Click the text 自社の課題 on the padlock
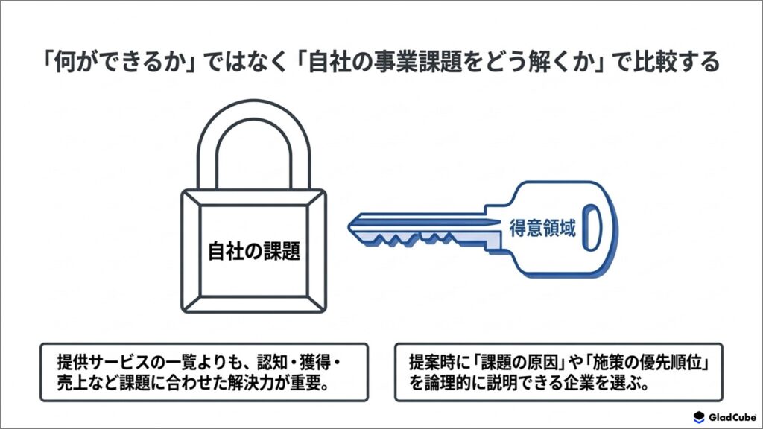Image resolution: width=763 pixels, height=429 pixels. pos(254,251)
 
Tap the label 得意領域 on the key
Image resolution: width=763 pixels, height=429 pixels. pos(542,228)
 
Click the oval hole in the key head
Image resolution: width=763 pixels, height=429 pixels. pos(591,228)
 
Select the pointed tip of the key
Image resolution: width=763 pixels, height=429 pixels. pos(350,226)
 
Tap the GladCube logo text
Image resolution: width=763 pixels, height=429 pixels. pos(732,417)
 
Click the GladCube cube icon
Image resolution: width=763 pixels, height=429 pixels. pos(699,417)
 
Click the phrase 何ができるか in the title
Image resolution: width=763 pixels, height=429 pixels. pos(120,63)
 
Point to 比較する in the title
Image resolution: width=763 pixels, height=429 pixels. pos(676,63)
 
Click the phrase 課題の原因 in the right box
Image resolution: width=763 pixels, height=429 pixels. pos(521,363)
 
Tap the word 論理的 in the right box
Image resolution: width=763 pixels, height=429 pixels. pos(448,384)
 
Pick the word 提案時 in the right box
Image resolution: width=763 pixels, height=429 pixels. pos(432,363)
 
